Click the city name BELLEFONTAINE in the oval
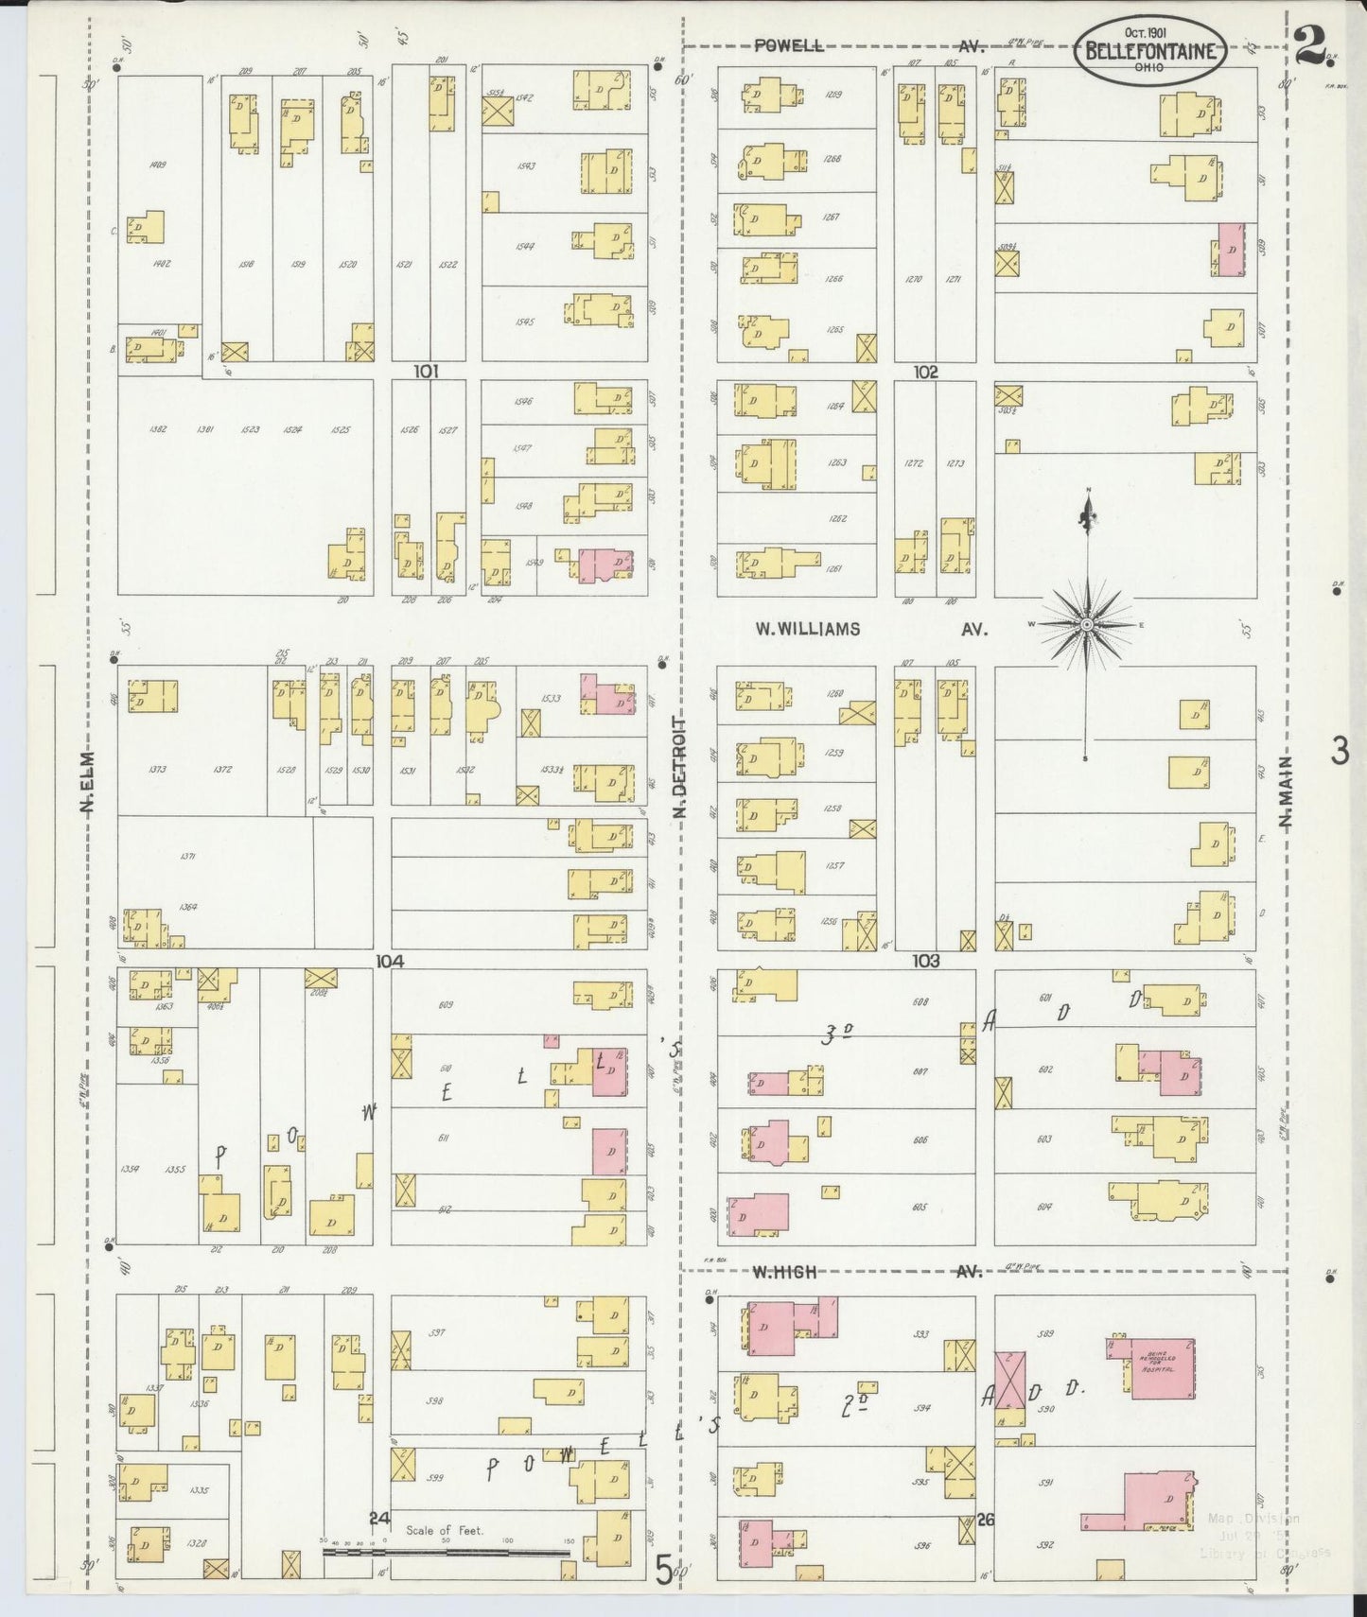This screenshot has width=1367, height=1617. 1149,51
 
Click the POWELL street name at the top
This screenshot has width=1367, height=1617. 788,45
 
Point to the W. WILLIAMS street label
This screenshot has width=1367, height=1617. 807,629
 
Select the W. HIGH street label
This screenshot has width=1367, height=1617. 783,1272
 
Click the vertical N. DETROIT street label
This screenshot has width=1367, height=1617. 678,767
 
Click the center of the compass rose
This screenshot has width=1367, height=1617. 1088,625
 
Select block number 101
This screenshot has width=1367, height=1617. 427,373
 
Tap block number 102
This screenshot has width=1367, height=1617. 925,373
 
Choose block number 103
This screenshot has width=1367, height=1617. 925,961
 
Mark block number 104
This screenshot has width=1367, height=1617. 390,961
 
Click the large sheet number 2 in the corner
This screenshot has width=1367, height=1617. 1308,44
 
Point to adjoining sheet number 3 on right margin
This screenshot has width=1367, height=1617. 1339,751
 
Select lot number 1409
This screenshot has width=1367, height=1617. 158,165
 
